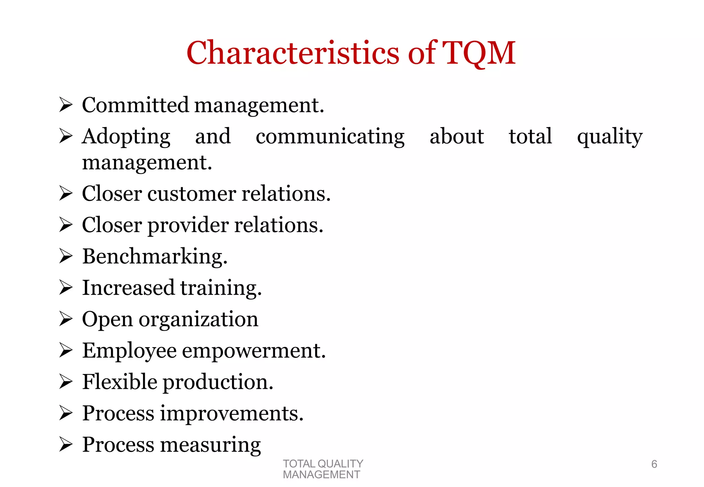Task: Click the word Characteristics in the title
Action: (x=293, y=53)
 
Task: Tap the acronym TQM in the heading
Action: (x=478, y=53)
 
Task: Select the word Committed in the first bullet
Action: (x=135, y=105)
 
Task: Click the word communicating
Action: (x=330, y=137)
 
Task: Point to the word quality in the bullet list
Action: (x=609, y=137)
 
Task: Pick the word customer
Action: (x=191, y=194)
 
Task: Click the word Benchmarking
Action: (x=154, y=257)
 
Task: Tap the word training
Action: (x=221, y=288)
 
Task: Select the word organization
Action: (x=198, y=320)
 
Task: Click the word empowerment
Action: (x=253, y=351)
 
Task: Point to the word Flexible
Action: (x=119, y=382)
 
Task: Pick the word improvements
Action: (x=232, y=413)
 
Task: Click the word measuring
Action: (x=210, y=445)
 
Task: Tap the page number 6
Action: (x=654, y=464)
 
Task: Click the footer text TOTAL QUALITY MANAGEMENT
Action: (x=322, y=469)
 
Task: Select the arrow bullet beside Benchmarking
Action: (x=65, y=256)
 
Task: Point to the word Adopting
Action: (x=126, y=137)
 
